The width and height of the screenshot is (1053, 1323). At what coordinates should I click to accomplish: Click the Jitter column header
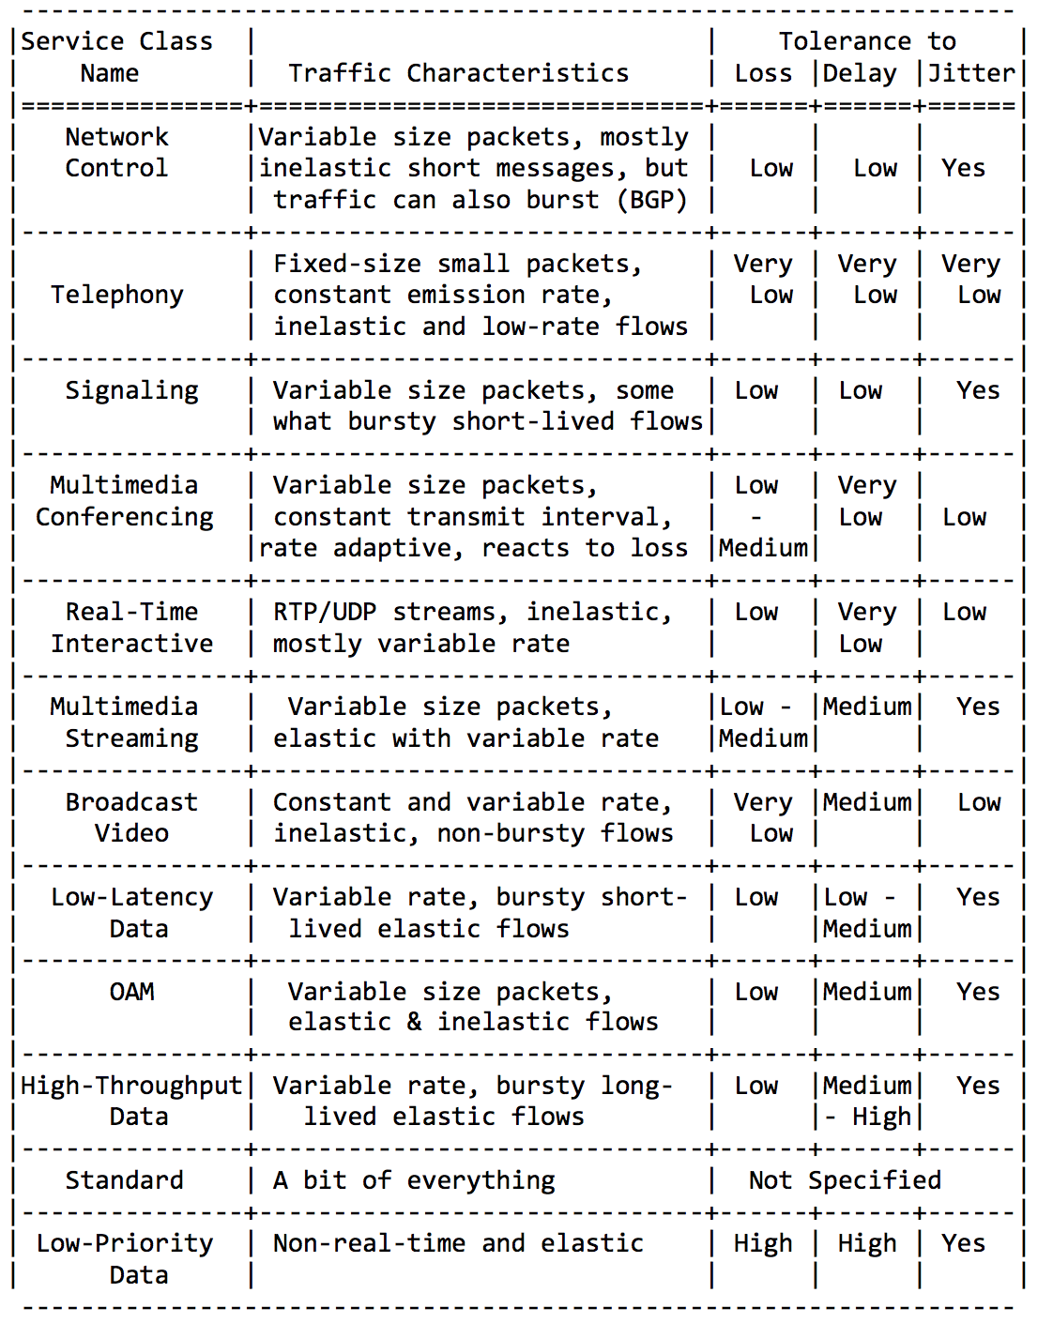pyautogui.click(x=971, y=73)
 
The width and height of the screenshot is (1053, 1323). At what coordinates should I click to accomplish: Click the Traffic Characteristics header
pyautogui.click(x=458, y=73)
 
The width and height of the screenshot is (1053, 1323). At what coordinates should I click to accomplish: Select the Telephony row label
pyautogui.click(x=117, y=295)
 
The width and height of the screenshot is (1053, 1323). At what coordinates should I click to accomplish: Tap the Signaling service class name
pyautogui.click(x=131, y=390)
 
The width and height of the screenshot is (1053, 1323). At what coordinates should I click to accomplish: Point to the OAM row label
pyautogui.click(x=131, y=992)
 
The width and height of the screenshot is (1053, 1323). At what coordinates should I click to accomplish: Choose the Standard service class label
pyautogui.click(x=124, y=1180)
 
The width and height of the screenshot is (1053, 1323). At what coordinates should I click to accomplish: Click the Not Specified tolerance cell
pyautogui.click(x=845, y=1180)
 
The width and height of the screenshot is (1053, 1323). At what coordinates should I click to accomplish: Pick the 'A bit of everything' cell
pyautogui.click(x=414, y=1180)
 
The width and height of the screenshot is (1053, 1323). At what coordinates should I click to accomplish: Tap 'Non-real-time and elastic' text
pyautogui.click(x=458, y=1243)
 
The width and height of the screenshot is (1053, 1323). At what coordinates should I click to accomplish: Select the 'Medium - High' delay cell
pyautogui.click(x=867, y=1102)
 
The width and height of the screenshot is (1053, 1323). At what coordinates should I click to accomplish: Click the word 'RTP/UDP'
pyautogui.click(x=325, y=612)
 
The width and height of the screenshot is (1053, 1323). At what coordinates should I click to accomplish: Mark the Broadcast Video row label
pyautogui.click(x=131, y=817)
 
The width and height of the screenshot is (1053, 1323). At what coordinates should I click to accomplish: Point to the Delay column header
pyautogui.click(x=860, y=73)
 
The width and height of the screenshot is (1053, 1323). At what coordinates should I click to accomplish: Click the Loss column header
pyautogui.click(x=763, y=73)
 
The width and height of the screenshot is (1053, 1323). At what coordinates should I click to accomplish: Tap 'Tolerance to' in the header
pyautogui.click(x=867, y=41)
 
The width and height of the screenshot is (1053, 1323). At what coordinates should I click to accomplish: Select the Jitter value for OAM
pyautogui.click(x=978, y=992)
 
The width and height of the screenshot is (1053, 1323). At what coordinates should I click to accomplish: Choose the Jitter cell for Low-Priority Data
pyautogui.click(x=964, y=1243)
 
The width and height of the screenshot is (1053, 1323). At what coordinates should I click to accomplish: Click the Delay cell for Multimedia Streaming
pyautogui.click(x=867, y=707)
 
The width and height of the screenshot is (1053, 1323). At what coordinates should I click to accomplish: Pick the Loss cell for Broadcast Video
pyautogui.click(x=763, y=817)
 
